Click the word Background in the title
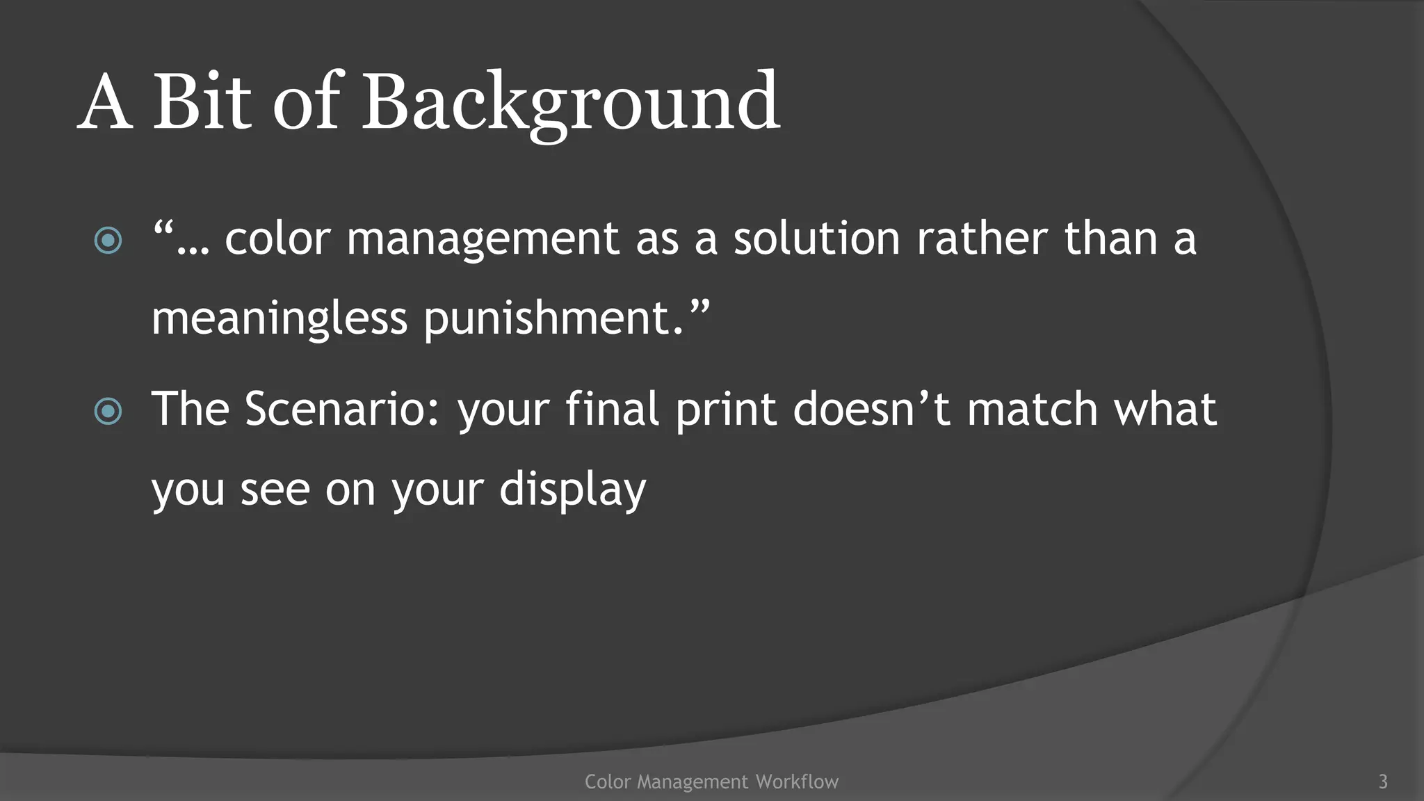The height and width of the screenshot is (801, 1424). (x=570, y=103)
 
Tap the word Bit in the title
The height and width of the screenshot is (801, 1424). (x=201, y=103)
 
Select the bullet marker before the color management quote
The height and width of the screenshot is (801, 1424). (x=108, y=241)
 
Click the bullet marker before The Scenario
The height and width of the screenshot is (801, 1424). (x=108, y=411)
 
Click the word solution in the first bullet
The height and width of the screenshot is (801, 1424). (x=816, y=238)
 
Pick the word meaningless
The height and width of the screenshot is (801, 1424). (x=279, y=320)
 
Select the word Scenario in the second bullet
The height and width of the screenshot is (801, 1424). (x=342, y=409)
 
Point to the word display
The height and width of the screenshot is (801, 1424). (x=572, y=490)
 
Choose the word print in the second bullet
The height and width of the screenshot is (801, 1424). (x=725, y=410)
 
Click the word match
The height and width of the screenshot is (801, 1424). (x=1033, y=409)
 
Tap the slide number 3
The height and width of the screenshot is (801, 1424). (x=1383, y=782)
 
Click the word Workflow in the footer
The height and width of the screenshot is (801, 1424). (x=797, y=782)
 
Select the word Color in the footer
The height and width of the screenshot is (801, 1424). (x=607, y=782)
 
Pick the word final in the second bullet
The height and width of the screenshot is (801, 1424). (x=612, y=409)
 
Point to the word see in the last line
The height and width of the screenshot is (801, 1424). (x=275, y=490)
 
